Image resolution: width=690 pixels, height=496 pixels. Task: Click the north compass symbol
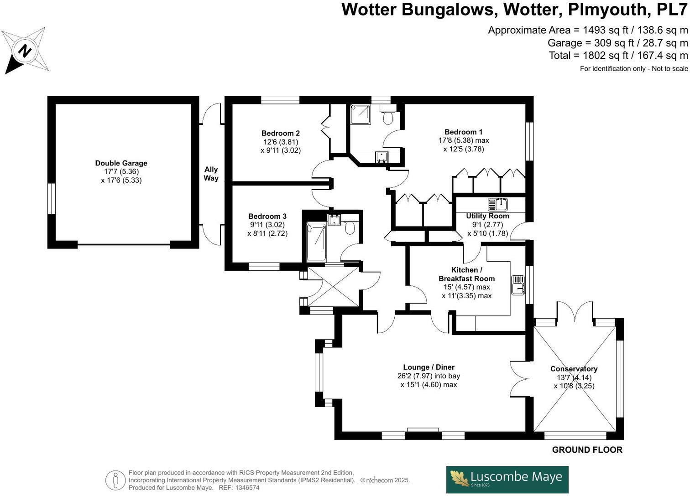point(25,50)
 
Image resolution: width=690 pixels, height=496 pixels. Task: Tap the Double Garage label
point(121,163)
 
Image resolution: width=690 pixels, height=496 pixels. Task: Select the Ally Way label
point(211,174)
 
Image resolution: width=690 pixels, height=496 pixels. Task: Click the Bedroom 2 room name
point(280,133)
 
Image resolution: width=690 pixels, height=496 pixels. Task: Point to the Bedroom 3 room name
point(267,216)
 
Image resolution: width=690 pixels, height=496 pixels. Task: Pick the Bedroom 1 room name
point(463,132)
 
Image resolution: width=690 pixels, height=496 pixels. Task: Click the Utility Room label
point(487,216)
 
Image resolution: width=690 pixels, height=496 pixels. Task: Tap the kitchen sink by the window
point(517,285)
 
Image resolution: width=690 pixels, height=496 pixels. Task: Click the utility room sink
point(497,203)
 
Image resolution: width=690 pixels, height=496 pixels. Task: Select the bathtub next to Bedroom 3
point(316,241)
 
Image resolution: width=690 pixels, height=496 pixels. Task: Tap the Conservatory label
point(574,369)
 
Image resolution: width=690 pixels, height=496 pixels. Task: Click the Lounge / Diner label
point(429,367)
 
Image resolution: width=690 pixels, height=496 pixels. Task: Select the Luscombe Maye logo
point(507,479)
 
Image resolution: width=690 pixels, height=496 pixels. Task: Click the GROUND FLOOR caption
point(587,449)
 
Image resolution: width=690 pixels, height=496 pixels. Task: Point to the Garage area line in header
point(617,43)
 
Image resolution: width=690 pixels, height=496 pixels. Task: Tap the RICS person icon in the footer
point(115,480)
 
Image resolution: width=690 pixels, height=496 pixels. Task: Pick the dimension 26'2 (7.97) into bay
point(429,376)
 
